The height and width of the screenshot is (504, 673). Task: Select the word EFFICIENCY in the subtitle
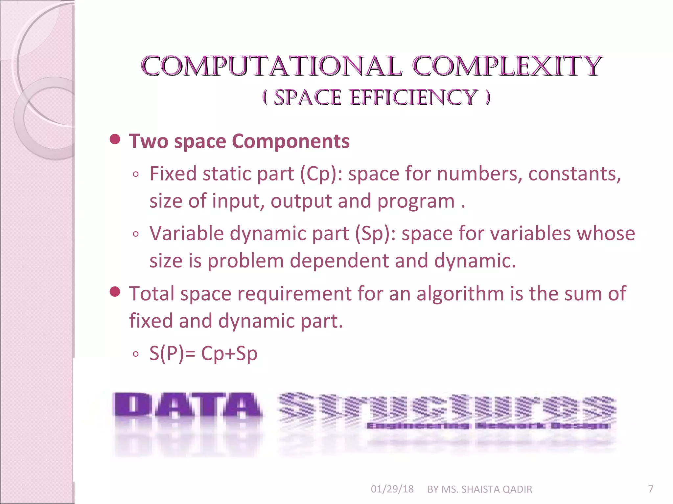point(413,97)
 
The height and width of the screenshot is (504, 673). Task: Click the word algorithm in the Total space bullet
point(460,293)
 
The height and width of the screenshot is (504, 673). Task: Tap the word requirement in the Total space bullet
point(294,293)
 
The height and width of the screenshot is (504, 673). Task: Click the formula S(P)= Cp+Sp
point(203,354)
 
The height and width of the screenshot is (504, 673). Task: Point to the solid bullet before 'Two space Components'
point(115,140)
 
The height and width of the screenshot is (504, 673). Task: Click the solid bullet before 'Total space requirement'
point(115,292)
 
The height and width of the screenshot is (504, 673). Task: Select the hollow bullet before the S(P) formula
point(136,354)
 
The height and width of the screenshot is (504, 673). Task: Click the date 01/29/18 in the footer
point(392,489)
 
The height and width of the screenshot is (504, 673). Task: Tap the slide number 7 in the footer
point(650,489)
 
